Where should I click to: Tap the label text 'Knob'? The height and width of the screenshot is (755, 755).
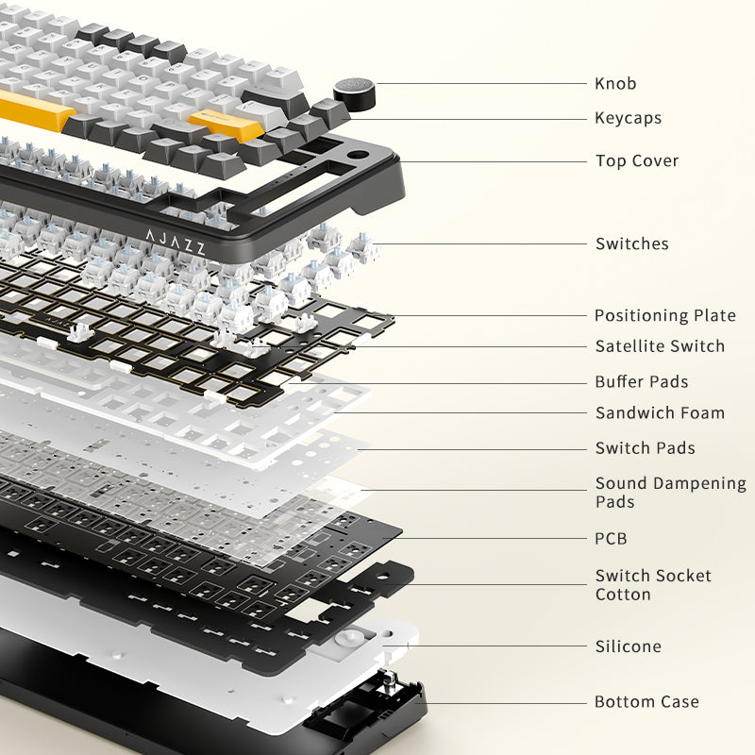[615, 83]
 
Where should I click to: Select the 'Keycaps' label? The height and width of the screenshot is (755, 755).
[628, 118]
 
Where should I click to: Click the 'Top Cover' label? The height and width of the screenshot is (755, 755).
[637, 160]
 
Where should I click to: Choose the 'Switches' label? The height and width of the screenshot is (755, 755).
[632, 243]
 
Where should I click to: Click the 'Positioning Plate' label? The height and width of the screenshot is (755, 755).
[665, 315]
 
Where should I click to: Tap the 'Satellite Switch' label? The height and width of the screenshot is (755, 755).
[660, 346]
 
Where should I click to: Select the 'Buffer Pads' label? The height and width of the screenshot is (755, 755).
[642, 382]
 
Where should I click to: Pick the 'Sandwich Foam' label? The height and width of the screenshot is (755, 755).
[660, 412]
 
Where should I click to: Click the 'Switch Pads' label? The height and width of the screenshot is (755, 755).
[646, 447]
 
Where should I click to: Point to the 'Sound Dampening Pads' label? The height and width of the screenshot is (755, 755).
[671, 492]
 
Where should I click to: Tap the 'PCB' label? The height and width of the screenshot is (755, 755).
[611, 538]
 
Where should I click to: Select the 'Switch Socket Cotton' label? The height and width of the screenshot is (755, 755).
[653, 584]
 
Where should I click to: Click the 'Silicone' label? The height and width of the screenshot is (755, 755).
[629, 646]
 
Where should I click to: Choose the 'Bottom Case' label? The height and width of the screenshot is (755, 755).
[646, 701]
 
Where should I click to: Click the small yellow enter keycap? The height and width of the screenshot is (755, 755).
[226, 125]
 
